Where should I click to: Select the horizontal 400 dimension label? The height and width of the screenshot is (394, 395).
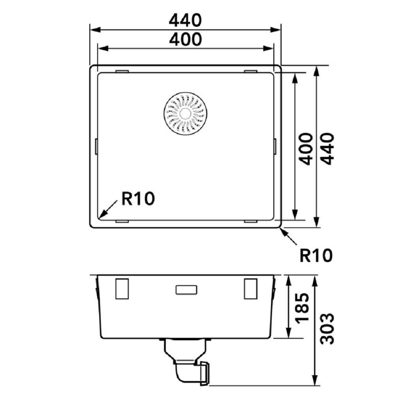185,40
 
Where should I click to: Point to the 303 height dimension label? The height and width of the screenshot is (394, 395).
327,328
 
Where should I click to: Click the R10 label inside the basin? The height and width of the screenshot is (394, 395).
138,198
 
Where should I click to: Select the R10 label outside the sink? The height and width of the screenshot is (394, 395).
316,255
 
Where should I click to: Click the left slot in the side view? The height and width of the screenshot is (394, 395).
122,288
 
